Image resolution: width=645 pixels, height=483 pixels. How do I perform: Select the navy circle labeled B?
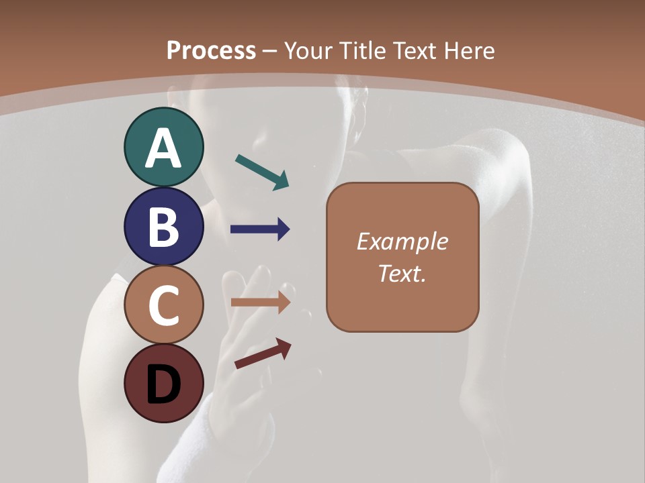point(163,227)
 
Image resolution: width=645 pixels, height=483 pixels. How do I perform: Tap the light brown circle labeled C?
point(163,305)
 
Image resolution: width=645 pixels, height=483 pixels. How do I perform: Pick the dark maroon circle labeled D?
point(163,383)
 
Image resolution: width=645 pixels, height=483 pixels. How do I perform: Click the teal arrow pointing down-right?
point(262,171)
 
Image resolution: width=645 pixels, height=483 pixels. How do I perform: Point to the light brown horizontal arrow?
point(260,303)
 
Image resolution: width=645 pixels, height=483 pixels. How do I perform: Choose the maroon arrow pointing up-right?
point(263,354)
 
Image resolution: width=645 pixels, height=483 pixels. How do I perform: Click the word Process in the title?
point(211,50)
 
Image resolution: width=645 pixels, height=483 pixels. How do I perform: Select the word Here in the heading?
point(470,50)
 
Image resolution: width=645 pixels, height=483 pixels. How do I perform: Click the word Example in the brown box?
point(402,241)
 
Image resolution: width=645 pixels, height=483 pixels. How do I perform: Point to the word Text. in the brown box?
point(402,273)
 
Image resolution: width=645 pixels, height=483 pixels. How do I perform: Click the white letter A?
point(163,148)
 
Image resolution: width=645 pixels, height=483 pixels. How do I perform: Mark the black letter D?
point(163,384)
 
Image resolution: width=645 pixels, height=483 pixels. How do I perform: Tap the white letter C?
point(163,305)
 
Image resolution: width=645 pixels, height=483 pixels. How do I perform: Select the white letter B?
point(163,227)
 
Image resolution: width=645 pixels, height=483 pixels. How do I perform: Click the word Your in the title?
point(309,50)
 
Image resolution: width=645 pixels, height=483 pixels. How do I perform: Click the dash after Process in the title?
point(270,51)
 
